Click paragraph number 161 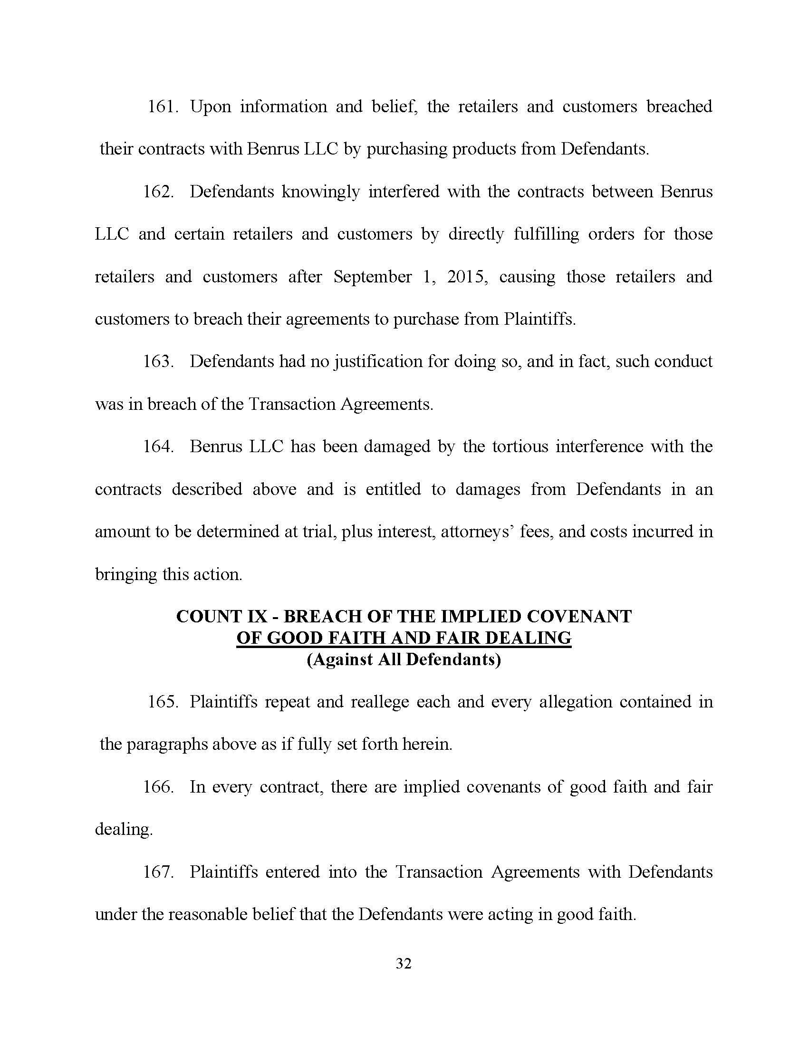click(163, 107)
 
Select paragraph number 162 click(158, 192)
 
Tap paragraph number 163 click(158, 362)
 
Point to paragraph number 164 click(158, 447)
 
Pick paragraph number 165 click(163, 702)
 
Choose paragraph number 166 click(158, 787)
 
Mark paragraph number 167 click(158, 872)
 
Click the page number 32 click(404, 964)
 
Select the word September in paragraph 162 click(373, 277)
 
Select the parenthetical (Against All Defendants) click(404, 660)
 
